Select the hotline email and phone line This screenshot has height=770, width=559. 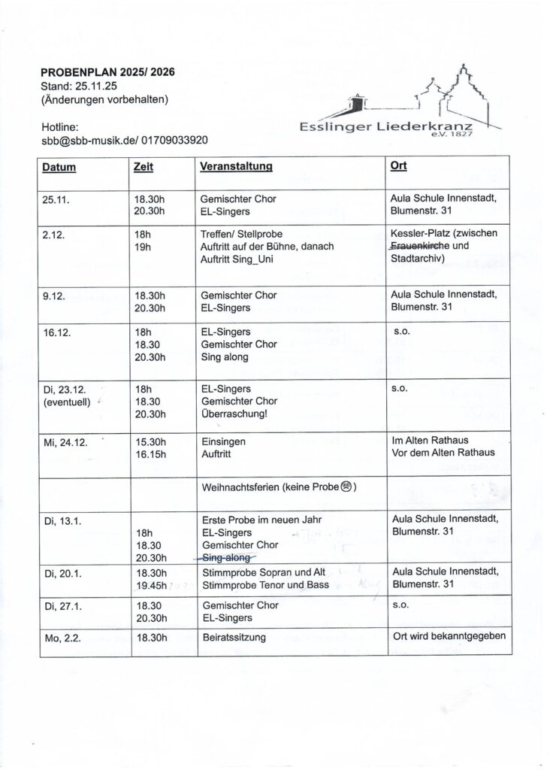tap(124, 140)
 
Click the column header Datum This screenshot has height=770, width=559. tap(59, 166)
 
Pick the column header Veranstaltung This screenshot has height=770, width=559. tap(235, 166)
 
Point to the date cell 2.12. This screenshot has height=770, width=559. tap(55, 234)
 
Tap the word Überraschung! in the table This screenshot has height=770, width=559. tap(234, 414)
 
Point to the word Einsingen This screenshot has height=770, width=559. tap(223, 443)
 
